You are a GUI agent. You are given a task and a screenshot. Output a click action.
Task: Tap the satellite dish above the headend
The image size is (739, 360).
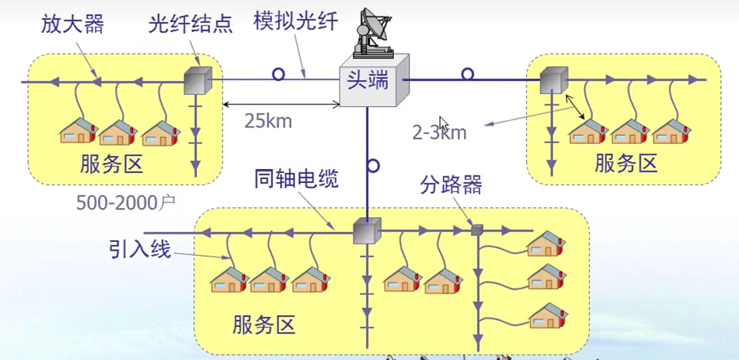(373, 33)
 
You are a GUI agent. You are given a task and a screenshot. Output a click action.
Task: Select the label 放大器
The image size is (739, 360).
(72, 25)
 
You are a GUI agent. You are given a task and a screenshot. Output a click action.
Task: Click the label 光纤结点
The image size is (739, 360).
(190, 25)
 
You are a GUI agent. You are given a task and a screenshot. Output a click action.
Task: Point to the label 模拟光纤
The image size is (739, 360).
(296, 21)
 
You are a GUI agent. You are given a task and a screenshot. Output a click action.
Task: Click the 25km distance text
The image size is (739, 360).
(268, 121)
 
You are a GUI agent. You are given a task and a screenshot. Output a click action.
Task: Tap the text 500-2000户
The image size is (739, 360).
(125, 203)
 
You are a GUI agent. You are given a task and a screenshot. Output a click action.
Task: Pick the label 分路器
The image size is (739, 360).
(450, 186)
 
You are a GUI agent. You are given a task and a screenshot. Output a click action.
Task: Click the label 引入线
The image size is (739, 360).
(139, 250)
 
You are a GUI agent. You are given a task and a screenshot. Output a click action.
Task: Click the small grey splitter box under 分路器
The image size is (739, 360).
(477, 230)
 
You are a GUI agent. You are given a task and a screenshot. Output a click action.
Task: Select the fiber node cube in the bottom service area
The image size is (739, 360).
(367, 231)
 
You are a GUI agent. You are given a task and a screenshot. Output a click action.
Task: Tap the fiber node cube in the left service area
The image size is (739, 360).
(197, 81)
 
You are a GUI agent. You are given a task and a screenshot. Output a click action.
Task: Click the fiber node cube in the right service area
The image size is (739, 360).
(554, 81)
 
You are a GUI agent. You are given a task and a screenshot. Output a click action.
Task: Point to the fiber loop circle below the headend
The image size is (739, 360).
(373, 166)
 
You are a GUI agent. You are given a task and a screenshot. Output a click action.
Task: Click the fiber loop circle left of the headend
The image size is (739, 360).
(278, 74)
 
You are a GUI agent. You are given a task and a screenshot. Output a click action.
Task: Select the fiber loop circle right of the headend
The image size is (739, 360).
(467, 74)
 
